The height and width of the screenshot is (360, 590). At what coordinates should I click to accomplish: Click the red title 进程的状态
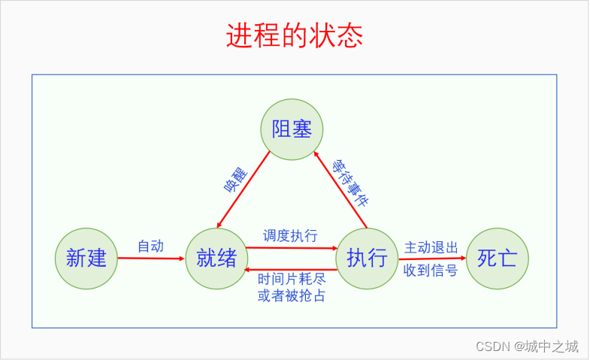295,35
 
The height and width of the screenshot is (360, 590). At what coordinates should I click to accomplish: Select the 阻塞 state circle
292,129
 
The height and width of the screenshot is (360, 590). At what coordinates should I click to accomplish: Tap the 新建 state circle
86,259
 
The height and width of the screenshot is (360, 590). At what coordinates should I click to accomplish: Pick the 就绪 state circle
216,259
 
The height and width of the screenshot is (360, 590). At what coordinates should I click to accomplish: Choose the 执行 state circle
367,259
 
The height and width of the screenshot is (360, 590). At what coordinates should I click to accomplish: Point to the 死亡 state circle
498,259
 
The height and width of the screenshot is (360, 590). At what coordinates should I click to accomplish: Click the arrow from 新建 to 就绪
150,259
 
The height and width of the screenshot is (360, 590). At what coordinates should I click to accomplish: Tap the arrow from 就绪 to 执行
292,247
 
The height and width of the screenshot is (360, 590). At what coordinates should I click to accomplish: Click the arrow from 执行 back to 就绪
292,269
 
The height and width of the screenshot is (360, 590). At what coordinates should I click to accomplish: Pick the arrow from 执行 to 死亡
432,259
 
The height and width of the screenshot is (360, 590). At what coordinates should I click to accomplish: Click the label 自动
150,246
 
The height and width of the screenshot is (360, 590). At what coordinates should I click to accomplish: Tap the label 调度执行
290,235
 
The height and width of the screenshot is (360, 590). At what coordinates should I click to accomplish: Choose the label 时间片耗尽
292,280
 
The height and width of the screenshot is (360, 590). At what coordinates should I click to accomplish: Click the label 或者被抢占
292,295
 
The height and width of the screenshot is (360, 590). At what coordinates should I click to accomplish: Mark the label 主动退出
431,247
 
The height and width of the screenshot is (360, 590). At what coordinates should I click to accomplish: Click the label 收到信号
431,271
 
